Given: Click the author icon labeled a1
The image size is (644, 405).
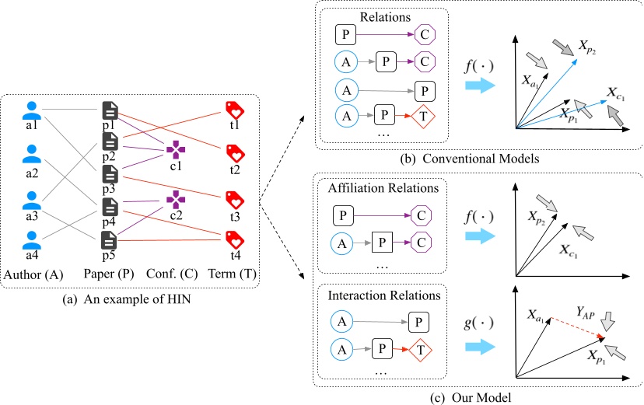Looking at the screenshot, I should [31, 110].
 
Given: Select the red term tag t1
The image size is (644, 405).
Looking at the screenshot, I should [233, 109].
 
